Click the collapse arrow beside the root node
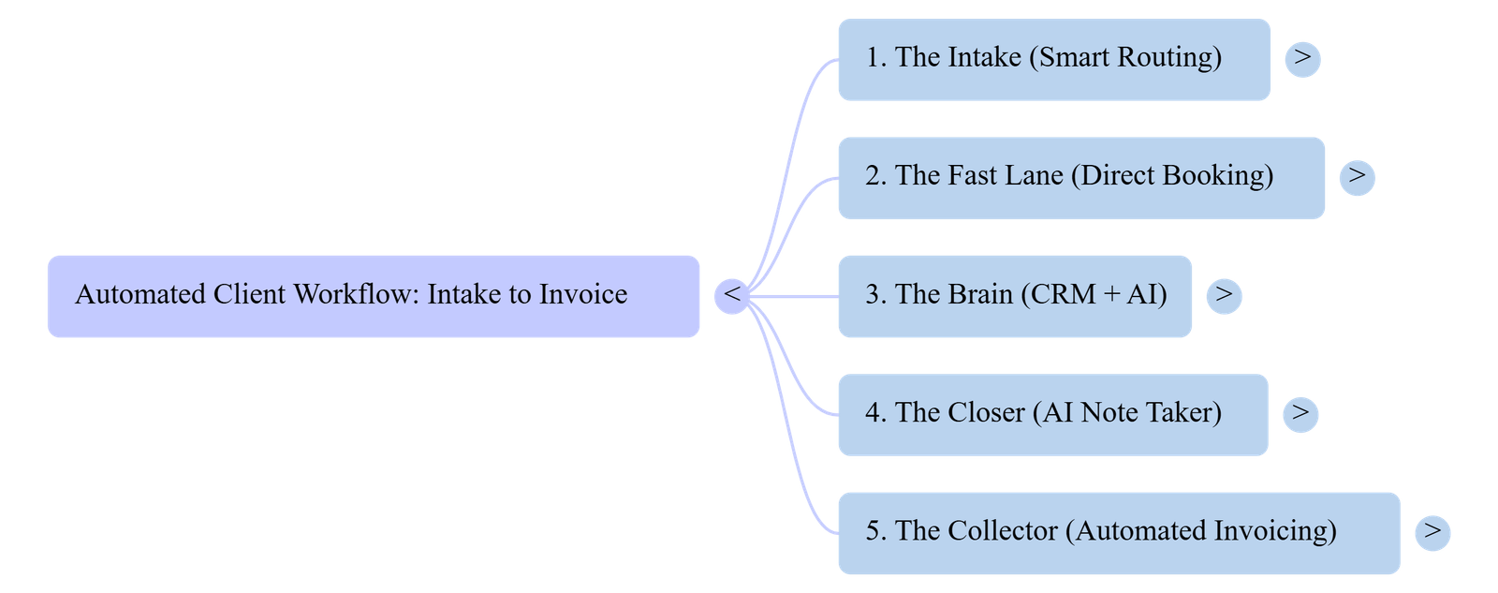732,295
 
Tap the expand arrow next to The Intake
1302,58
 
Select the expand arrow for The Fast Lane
1357,176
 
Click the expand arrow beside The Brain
1224,295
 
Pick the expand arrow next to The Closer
1300,413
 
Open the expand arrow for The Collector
1432,531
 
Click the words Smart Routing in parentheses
1125,58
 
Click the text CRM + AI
1094,295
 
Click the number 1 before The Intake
872,58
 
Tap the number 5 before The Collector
872,531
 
